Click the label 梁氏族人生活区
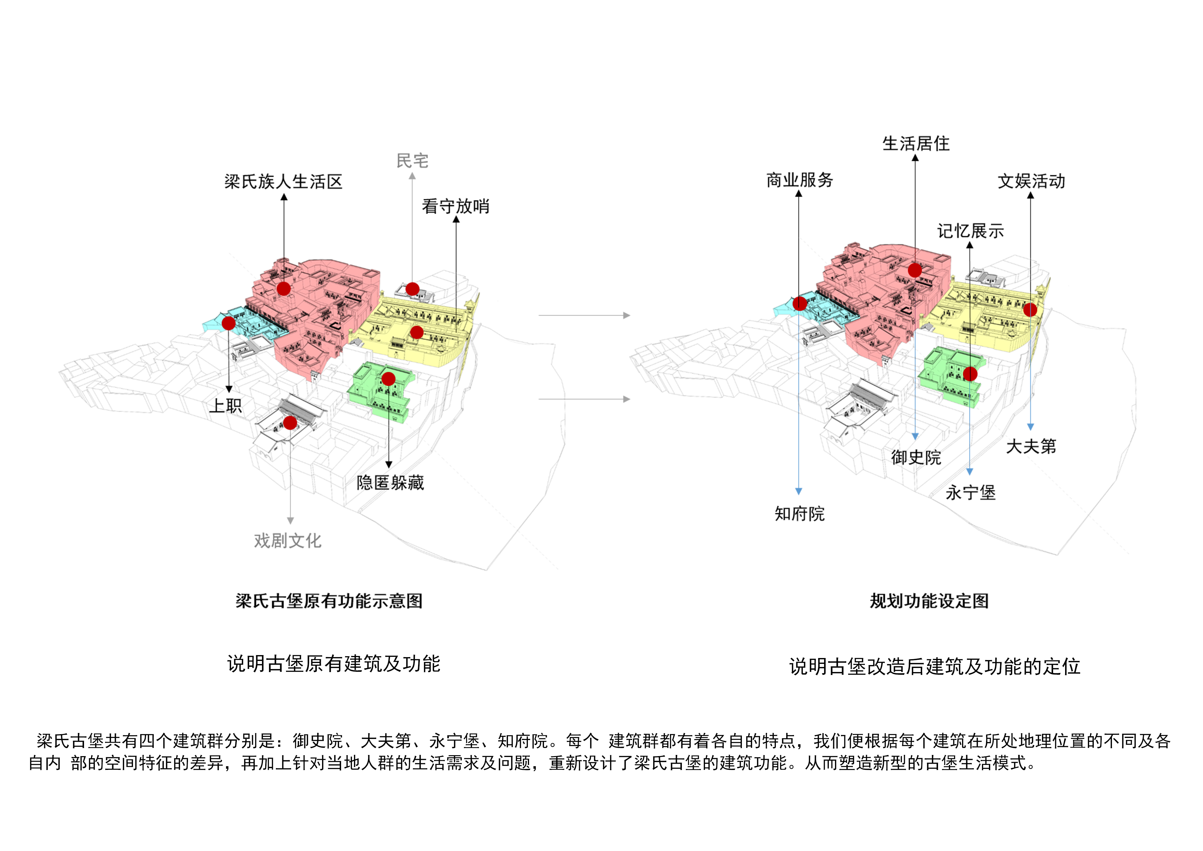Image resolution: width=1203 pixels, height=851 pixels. (283, 182)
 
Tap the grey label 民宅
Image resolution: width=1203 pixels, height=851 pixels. (412, 161)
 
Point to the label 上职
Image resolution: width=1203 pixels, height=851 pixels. (226, 406)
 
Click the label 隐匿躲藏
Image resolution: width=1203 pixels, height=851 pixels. (390, 483)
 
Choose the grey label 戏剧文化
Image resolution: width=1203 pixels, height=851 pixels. (288, 541)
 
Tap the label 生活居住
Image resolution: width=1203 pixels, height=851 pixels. (916, 143)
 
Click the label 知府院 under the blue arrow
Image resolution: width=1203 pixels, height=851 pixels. (800, 514)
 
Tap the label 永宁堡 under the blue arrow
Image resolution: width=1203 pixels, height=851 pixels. (970, 493)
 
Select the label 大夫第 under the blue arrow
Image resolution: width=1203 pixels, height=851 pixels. (1031, 447)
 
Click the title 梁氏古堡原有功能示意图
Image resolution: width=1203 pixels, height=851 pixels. (329, 601)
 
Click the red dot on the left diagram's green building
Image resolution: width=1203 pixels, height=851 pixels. (388, 379)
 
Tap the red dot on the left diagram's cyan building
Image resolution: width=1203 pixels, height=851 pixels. (228, 323)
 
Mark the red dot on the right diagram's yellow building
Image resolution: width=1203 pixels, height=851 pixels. (1030, 310)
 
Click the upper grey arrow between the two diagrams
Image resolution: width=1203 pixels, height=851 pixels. (584, 315)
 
